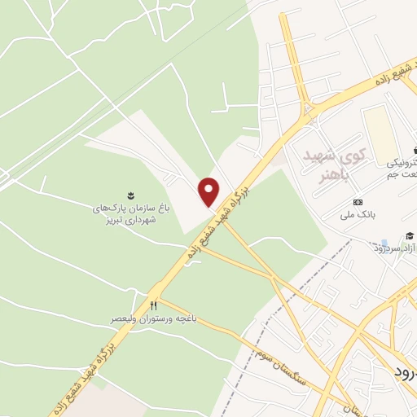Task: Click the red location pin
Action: pos(209,191)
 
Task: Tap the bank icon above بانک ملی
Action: pos(357,202)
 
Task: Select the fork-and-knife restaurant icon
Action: pos(153,305)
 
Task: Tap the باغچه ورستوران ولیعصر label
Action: pos(153,318)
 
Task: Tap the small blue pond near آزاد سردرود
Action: pos(384,242)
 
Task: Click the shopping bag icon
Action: pos(415,150)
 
